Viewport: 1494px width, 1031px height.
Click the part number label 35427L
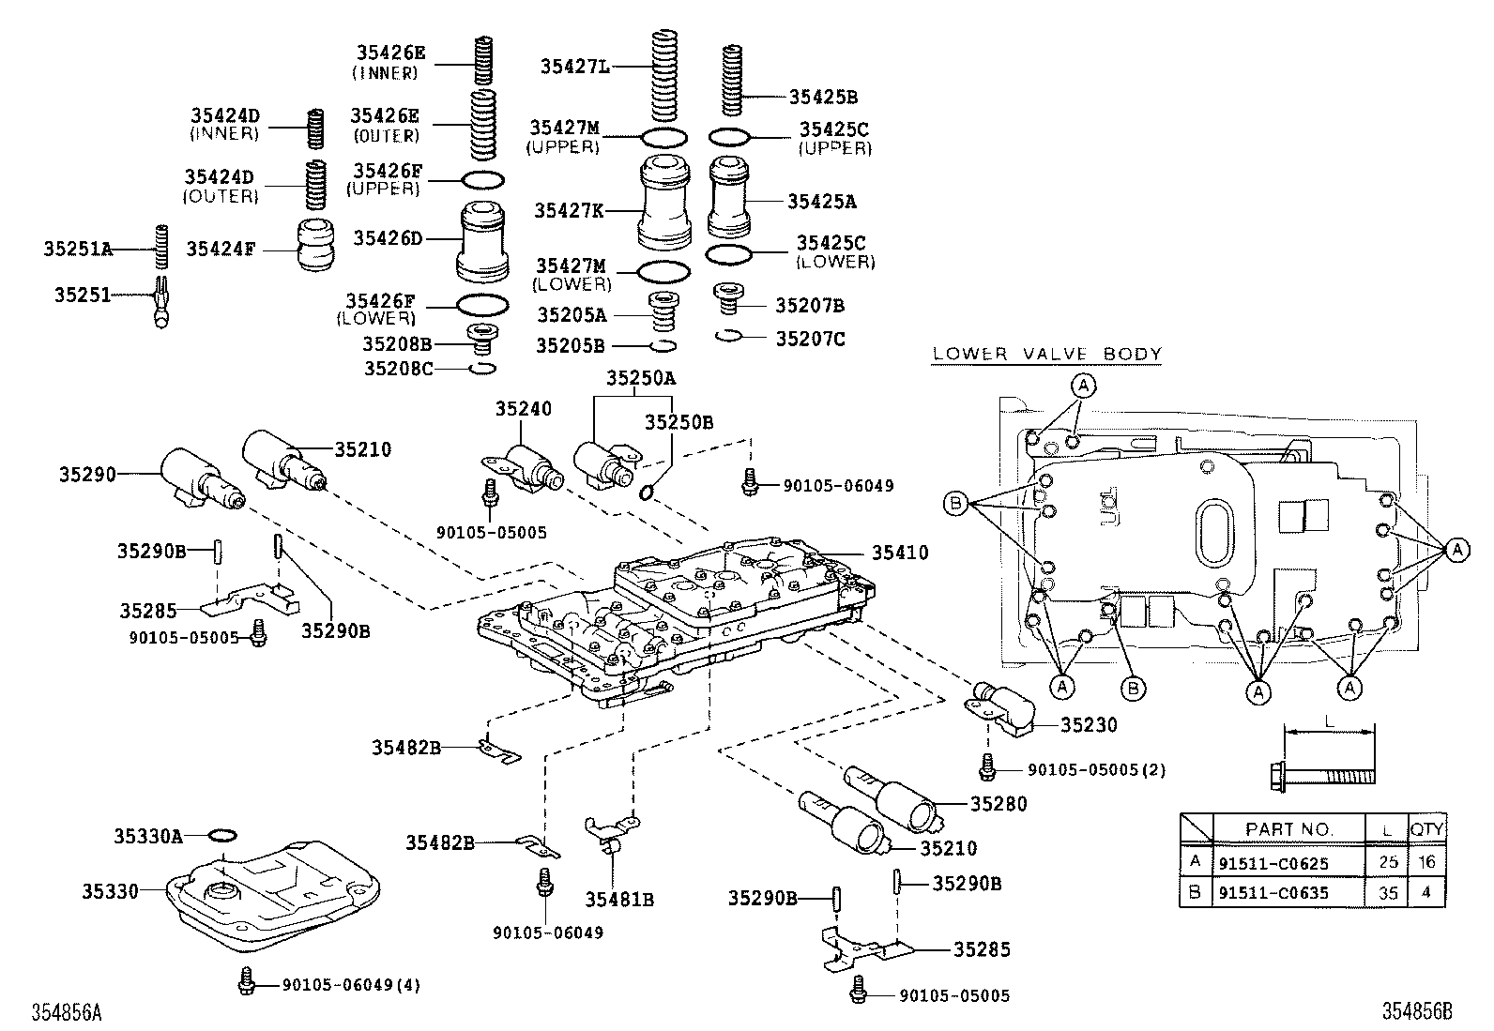point(574,66)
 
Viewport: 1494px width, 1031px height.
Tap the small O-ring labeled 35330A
point(222,834)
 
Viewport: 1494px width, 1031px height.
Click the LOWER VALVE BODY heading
point(1046,354)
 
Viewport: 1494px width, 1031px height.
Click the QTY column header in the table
point(1426,828)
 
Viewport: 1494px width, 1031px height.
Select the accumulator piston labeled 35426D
point(485,243)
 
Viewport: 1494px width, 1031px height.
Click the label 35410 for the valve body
point(899,553)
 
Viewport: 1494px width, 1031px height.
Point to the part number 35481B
point(619,900)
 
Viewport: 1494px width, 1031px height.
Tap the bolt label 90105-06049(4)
point(351,985)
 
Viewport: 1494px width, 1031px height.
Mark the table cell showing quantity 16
point(1426,861)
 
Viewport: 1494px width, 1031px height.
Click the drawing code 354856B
point(1416,1011)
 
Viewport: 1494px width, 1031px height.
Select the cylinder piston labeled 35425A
point(730,200)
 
